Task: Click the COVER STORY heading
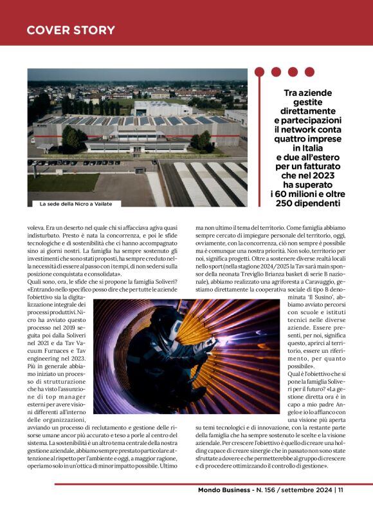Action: [x=71, y=30]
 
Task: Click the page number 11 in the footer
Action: [x=341, y=490]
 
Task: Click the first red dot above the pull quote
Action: [x=260, y=71]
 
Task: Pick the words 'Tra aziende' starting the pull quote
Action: [x=308, y=93]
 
